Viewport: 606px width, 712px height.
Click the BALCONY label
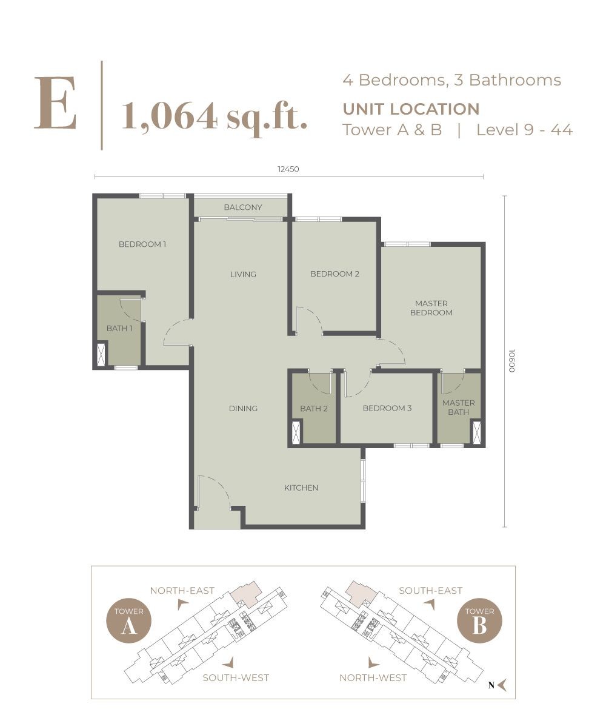pyautogui.click(x=242, y=207)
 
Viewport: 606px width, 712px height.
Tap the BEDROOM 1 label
pyautogui.click(x=142, y=244)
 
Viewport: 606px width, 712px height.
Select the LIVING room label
pyautogui.click(x=243, y=274)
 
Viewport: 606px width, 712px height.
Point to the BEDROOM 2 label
pyautogui.click(x=335, y=274)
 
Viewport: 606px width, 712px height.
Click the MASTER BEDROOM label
pyautogui.click(x=431, y=308)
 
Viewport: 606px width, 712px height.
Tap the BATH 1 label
pyautogui.click(x=119, y=328)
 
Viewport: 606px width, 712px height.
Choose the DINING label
pyautogui.click(x=243, y=409)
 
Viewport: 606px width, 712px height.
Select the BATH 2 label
pyautogui.click(x=314, y=409)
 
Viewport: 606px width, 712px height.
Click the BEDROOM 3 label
pyautogui.click(x=387, y=408)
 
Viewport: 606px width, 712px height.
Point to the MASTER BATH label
pyautogui.click(x=459, y=408)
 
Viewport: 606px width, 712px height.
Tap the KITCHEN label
pyautogui.click(x=301, y=488)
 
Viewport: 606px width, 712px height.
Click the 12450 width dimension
pyautogui.click(x=288, y=169)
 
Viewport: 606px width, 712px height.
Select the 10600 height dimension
pyautogui.click(x=511, y=361)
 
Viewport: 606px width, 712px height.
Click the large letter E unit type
pyautogui.click(x=55, y=103)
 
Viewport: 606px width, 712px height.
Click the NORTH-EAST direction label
pyautogui.click(x=182, y=591)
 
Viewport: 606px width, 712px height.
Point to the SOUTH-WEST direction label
pyautogui.click(x=236, y=678)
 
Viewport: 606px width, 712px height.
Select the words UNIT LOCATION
pyautogui.click(x=411, y=109)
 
